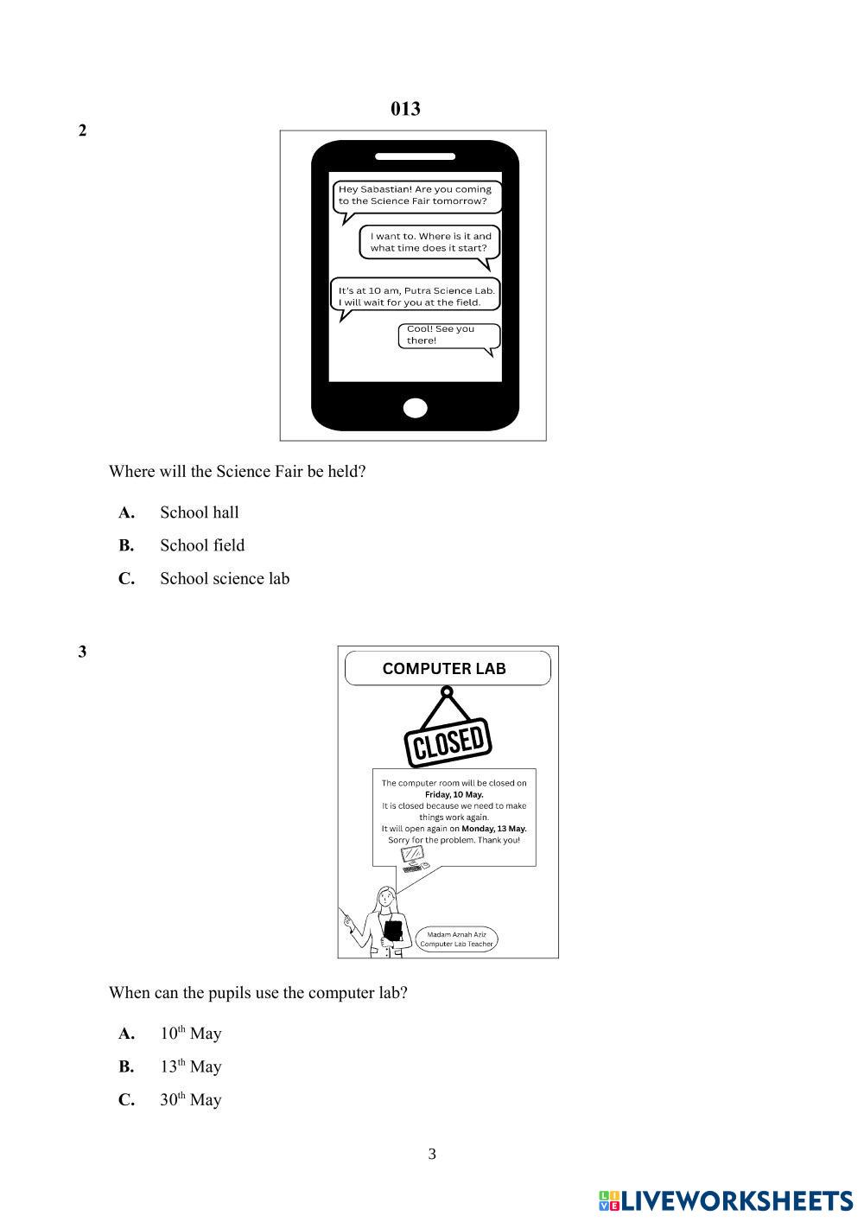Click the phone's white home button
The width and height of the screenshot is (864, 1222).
(x=416, y=408)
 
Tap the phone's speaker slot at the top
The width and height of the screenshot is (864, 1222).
(x=415, y=156)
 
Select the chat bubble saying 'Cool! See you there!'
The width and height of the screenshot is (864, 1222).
(x=448, y=335)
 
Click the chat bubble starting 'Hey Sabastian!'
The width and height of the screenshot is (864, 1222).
(x=416, y=195)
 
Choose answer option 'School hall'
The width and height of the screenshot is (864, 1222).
(x=199, y=512)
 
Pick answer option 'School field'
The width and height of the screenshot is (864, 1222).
(x=202, y=545)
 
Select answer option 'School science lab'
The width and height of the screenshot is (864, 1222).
(x=224, y=579)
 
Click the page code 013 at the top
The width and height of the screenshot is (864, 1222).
(x=405, y=109)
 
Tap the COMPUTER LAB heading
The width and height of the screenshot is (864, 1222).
(x=444, y=669)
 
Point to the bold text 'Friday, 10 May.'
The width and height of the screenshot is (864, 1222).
(x=454, y=794)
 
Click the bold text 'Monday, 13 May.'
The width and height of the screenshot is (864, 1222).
(x=493, y=829)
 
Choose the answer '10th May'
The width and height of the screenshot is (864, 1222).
(x=190, y=1034)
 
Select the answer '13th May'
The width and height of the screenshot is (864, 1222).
(x=190, y=1066)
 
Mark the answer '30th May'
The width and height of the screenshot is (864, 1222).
(x=190, y=1100)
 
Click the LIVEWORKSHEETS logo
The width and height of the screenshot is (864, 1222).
(x=726, y=1201)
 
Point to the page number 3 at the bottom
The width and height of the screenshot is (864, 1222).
(x=432, y=1155)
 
